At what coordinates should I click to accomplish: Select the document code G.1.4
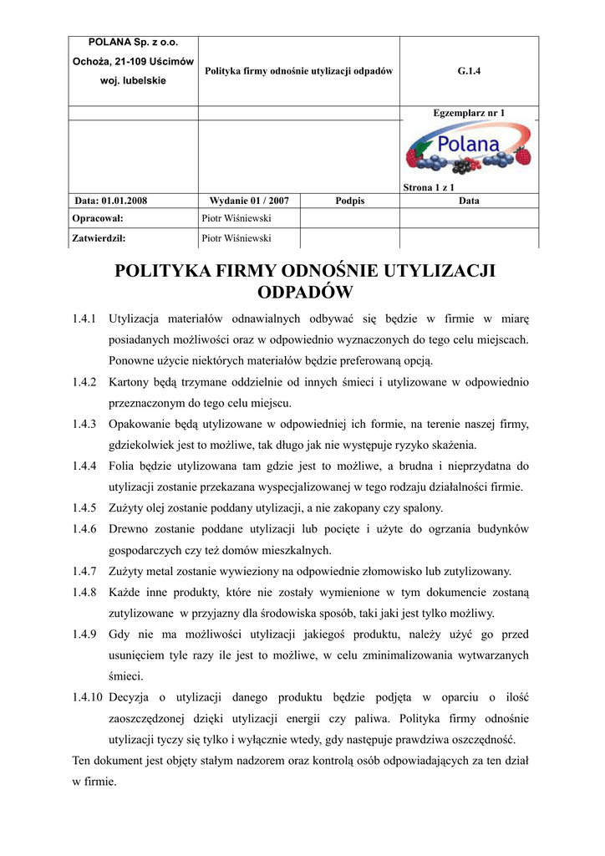pos(469,71)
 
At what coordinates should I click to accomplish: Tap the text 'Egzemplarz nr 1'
pos(469,112)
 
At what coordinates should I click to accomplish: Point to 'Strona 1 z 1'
pos(429,188)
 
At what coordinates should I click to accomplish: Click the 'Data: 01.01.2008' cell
pos(111,201)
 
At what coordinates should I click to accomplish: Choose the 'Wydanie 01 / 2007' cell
pos(249,201)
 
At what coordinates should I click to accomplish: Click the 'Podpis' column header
pos(349,201)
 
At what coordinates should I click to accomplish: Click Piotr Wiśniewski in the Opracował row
pos(236,218)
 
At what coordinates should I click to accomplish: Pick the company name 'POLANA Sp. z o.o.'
pos(133,42)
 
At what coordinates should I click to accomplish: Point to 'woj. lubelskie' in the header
pos(133,80)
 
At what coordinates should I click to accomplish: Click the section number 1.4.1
pos(84,318)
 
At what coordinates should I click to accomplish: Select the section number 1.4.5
pos(84,507)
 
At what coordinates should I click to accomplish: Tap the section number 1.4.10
pos(87,696)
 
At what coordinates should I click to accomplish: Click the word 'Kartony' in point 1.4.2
pos(129,382)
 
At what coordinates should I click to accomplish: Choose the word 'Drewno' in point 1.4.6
pos(130,529)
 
